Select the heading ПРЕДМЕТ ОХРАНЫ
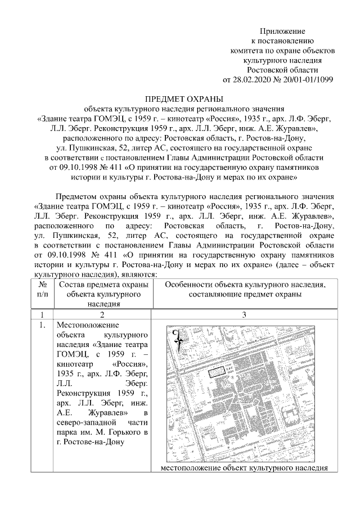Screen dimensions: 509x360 (181, 99)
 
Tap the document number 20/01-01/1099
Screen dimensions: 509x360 (304, 79)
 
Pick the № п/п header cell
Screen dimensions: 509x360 (42, 289)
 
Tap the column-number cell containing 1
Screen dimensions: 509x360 (42, 314)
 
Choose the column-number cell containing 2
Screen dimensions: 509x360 (103, 314)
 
